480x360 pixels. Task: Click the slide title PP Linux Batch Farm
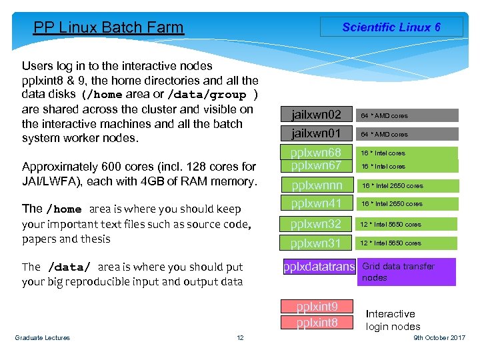(108, 27)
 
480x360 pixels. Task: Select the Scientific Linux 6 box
(391, 27)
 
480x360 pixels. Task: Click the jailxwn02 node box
(316, 115)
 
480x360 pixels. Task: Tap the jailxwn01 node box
(316, 134)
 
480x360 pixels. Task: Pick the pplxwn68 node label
(316, 153)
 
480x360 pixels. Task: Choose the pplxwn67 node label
(316, 165)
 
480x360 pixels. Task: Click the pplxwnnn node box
(316, 185)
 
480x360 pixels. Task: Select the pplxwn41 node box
(316, 203)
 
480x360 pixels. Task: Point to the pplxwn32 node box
(316, 224)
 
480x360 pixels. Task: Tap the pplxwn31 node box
(316, 243)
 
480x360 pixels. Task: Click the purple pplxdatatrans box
(319, 267)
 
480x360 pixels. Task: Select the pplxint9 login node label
(317, 307)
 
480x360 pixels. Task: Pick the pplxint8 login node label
(317, 323)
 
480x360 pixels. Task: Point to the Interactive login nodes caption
(393, 320)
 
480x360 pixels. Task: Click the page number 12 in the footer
(240, 338)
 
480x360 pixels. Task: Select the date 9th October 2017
(439, 338)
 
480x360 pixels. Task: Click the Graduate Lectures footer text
(42, 338)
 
